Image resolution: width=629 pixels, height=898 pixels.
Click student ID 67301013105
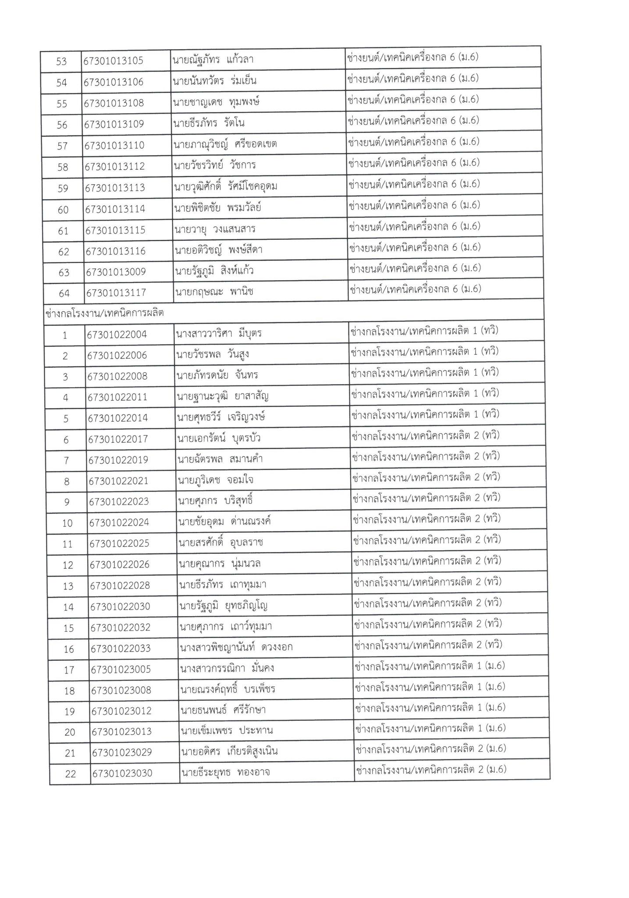(x=114, y=61)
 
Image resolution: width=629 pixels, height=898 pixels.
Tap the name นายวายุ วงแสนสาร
(x=215, y=229)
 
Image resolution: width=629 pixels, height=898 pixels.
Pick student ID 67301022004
(x=117, y=335)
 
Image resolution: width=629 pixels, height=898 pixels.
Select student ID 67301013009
(x=116, y=272)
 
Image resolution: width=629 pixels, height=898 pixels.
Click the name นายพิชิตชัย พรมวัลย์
(x=217, y=208)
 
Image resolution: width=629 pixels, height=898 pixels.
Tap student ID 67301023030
(x=122, y=773)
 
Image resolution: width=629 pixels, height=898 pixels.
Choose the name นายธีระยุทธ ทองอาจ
(x=225, y=772)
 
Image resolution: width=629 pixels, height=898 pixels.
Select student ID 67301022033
(x=121, y=648)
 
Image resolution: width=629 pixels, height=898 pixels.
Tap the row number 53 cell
(x=61, y=61)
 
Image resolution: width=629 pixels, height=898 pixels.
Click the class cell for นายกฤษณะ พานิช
(x=415, y=289)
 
